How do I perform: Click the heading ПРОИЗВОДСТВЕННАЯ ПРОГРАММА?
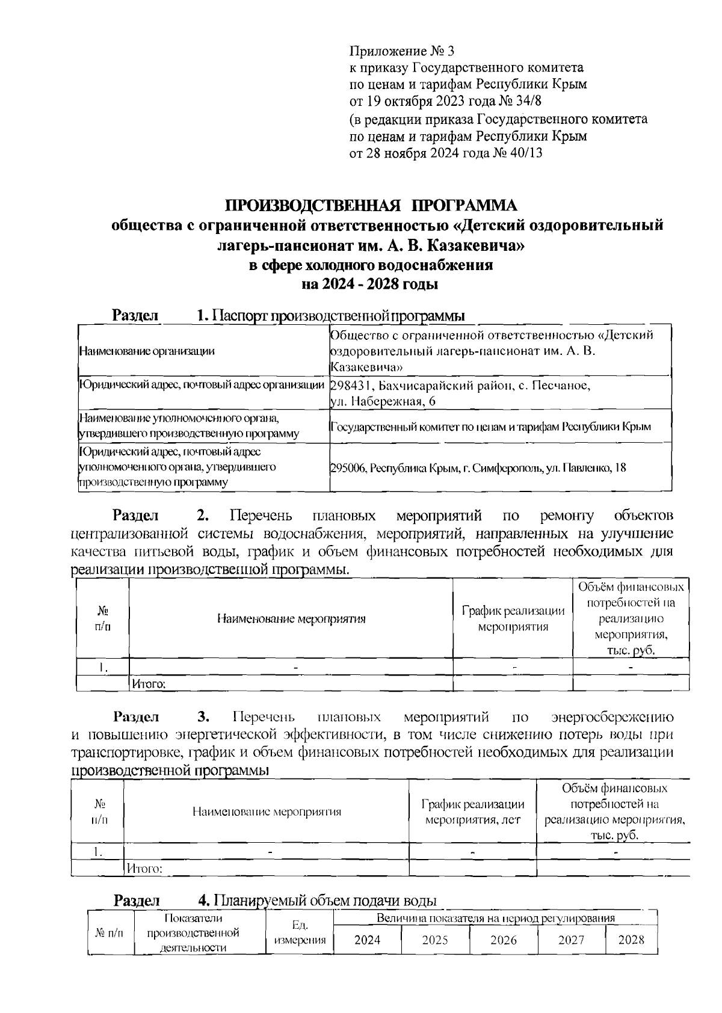coord(371,206)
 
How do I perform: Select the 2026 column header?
coord(503,940)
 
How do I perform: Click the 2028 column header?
coord(631,940)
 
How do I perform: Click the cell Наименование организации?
coord(147,351)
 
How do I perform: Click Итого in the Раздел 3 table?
coord(144,869)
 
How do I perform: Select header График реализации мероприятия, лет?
coord(472,811)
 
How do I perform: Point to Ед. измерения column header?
coord(299,933)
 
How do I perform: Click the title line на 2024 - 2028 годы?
coord(369,284)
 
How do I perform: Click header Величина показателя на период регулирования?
coord(495,919)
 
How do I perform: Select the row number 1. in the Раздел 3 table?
coord(97,852)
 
